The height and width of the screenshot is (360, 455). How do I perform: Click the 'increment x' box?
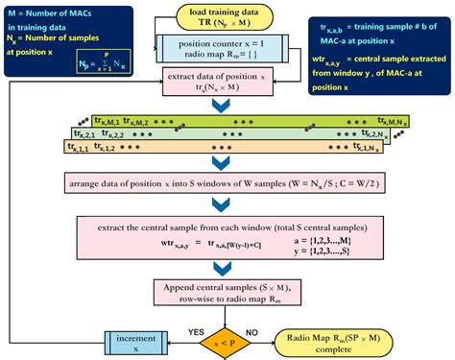pos(131,341)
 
